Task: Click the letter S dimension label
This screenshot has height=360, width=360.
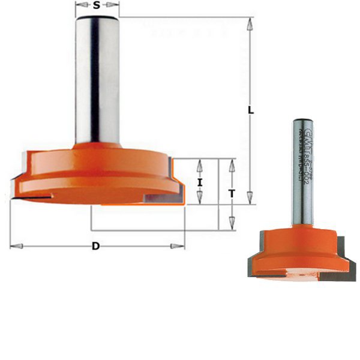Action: point(97,7)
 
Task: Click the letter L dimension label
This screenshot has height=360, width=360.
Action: point(251,111)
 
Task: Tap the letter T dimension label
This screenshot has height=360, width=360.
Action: point(232,193)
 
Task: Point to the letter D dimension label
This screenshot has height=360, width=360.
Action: point(97,246)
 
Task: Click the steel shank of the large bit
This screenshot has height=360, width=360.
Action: point(97,78)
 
